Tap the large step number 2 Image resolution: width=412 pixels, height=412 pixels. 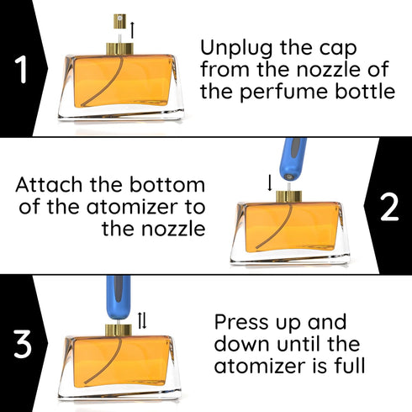tap(389, 206)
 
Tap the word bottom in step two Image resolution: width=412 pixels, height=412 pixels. tap(172, 184)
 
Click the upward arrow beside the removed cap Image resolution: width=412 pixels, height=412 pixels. tap(131, 29)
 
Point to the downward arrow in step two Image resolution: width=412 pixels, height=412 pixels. tap(269, 182)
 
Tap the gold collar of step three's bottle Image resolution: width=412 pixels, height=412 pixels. tap(117, 329)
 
